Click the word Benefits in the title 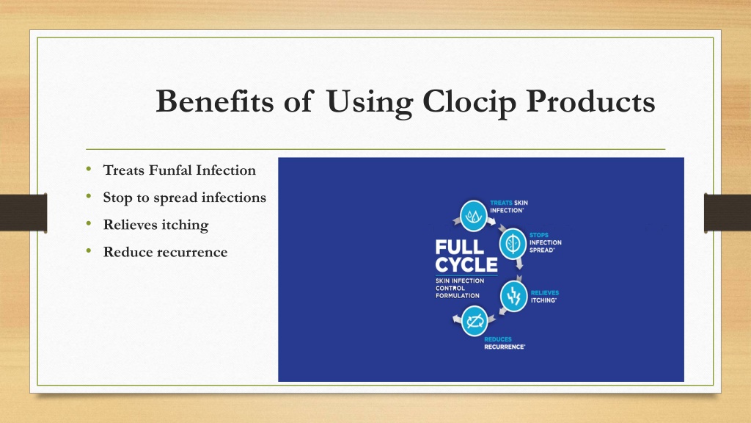click(x=216, y=101)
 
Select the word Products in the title click(x=590, y=101)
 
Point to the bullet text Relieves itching click(x=155, y=225)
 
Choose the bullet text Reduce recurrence click(x=165, y=252)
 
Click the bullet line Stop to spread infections click(x=184, y=198)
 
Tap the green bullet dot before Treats click(x=89, y=168)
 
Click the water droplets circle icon click(x=474, y=216)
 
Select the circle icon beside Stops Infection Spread click(x=513, y=244)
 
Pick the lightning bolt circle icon click(x=514, y=297)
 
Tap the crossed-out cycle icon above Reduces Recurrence click(x=475, y=322)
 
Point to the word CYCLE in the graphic click(x=466, y=264)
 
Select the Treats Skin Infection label click(x=509, y=206)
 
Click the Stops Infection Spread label click(x=546, y=242)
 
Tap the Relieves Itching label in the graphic click(x=545, y=297)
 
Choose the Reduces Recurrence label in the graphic click(x=505, y=343)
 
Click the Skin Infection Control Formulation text click(x=460, y=288)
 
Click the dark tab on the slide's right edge click(x=728, y=212)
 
